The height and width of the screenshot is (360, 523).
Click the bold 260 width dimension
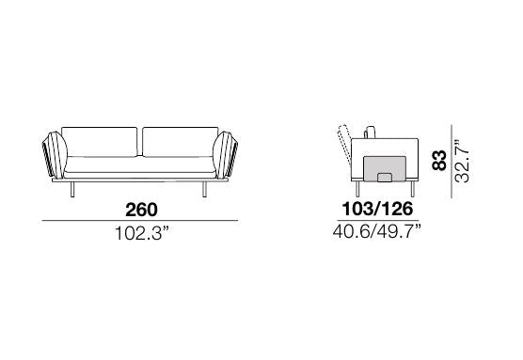141,210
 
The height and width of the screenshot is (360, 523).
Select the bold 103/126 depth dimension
377,209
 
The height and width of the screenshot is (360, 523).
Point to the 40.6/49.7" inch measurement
377,231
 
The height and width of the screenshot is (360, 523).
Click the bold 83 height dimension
439,161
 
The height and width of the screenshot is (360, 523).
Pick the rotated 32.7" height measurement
462,161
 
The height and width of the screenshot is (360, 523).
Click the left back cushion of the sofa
100,142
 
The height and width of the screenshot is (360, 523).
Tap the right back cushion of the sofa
181,142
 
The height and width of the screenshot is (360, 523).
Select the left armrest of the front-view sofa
55,155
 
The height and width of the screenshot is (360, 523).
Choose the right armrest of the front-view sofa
225,155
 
